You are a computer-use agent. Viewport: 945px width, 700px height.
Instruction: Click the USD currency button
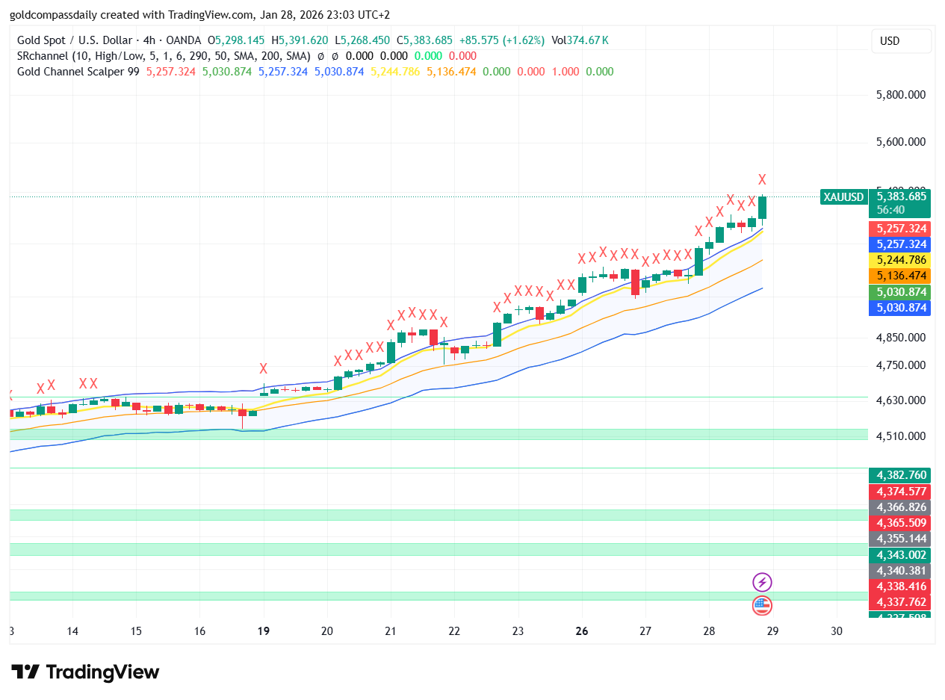pos(901,41)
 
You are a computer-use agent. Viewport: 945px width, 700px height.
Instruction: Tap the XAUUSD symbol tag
pos(843,197)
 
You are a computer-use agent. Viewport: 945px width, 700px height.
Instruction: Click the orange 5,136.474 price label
pos(901,276)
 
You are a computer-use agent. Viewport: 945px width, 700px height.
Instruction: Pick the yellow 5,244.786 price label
pos(901,260)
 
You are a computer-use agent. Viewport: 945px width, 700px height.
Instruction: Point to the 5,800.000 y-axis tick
pos(901,95)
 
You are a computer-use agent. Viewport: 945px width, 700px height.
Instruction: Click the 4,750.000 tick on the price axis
pos(901,365)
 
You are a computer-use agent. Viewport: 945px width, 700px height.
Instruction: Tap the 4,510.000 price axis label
pos(901,436)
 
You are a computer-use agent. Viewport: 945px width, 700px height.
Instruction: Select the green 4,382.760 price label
pos(901,475)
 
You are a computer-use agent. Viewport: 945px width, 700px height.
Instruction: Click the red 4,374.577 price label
pos(901,492)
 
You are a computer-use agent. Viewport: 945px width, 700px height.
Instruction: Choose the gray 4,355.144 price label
pos(901,539)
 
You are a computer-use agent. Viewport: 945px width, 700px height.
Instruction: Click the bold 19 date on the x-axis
pos(263,631)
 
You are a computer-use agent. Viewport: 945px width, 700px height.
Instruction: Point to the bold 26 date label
pos(582,631)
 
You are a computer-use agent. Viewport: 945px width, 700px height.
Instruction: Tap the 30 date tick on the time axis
pos(836,631)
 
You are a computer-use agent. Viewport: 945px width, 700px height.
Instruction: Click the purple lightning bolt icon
pos(762,582)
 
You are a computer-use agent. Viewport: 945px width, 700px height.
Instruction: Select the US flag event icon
pos(762,605)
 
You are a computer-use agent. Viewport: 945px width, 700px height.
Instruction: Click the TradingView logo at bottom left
pos(85,672)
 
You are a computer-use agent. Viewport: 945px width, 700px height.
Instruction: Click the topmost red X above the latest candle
pos(762,179)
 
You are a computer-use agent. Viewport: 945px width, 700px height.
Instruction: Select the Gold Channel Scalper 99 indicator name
pos(78,72)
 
